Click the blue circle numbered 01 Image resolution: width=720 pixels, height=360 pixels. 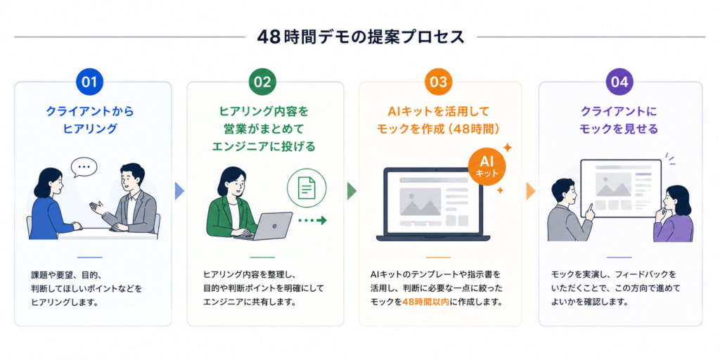89,82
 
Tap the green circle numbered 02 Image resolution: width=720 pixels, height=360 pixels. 263,82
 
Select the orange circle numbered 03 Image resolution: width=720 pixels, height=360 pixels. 439,82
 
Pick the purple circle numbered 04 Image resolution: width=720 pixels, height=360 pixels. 619,82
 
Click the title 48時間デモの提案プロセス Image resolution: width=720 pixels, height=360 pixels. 361,37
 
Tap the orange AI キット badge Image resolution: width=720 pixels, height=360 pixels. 485,168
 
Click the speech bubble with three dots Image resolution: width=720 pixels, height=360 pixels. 84,167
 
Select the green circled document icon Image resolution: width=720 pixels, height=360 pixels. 307,188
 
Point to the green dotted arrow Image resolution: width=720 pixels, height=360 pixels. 312,221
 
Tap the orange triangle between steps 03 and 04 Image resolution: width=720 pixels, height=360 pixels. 530,191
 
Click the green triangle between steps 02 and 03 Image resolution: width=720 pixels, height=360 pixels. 352,191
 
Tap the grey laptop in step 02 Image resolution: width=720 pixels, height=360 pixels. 266,226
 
